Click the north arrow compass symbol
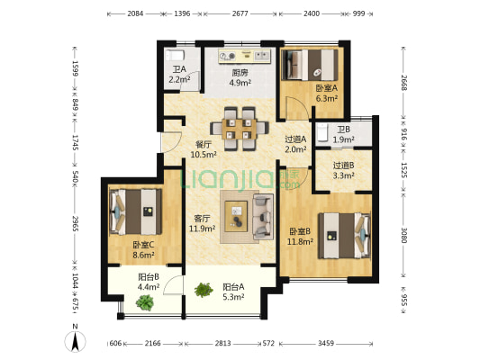tap(75, 339)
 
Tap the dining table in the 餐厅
tap(240, 129)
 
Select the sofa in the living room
tap(263, 217)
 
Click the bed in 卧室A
tap(310, 65)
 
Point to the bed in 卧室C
tap(136, 211)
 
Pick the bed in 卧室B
tap(344, 236)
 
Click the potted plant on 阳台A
tap(204, 290)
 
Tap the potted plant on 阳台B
tap(145, 302)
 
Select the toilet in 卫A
tap(175, 56)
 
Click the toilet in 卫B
tap(322, 133)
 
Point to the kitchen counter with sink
tap(245, 56)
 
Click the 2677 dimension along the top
tap(240, 13)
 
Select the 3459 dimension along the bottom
tap(326, 344)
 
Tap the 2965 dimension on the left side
tap(76, 223)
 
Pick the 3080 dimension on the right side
tap(403, 235)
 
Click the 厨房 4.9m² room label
tap(240, 77)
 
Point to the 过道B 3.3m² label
tap(343, 170)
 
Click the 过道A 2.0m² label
tap(295, 144)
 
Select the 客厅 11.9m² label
tap(202, 223)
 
